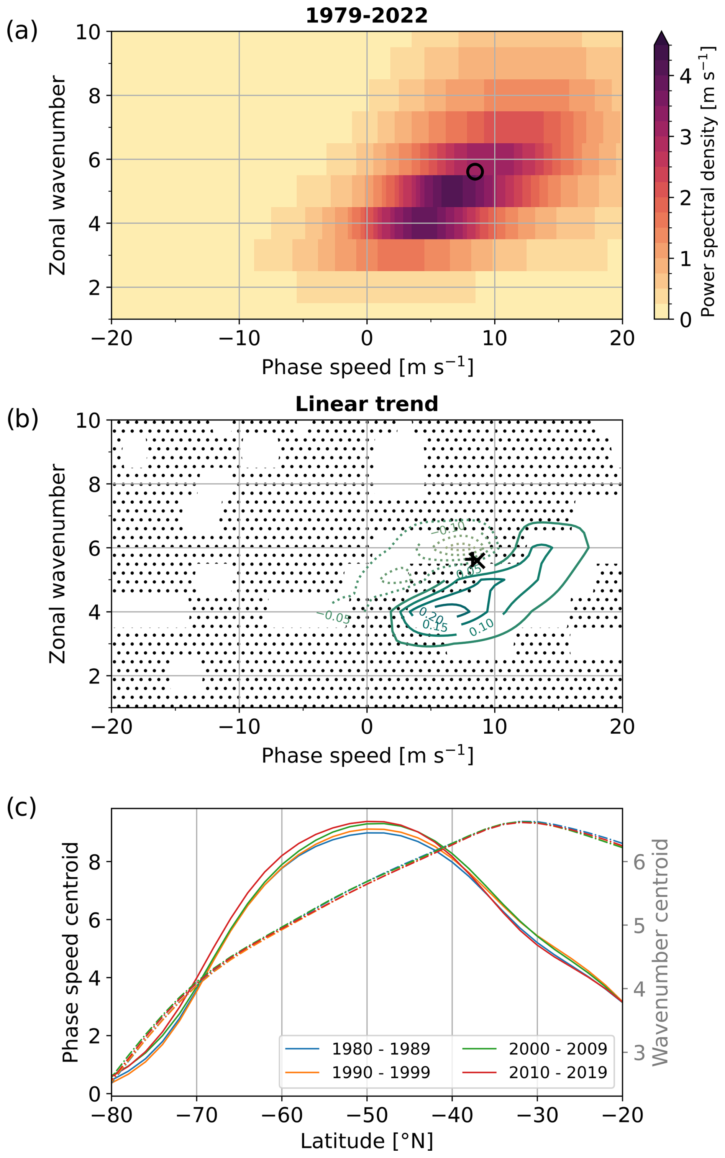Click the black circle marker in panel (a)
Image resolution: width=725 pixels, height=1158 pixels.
pos(475,172)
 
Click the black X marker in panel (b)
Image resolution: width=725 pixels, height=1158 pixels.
pos(476,560)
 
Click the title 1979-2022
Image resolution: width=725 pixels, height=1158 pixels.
pos(366,16)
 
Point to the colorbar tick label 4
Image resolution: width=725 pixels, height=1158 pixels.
pos(686,76)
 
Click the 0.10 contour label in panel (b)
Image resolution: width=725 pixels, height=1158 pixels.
pos(481,627)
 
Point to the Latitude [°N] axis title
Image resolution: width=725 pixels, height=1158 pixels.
pos(366,1141)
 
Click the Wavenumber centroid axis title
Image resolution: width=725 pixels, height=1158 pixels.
pos(660,952)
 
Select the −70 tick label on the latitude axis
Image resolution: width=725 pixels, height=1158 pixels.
pos(196,1115)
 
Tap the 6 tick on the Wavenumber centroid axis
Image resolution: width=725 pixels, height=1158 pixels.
pos(639,862)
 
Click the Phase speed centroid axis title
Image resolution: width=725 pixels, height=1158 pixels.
pos(71,952)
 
